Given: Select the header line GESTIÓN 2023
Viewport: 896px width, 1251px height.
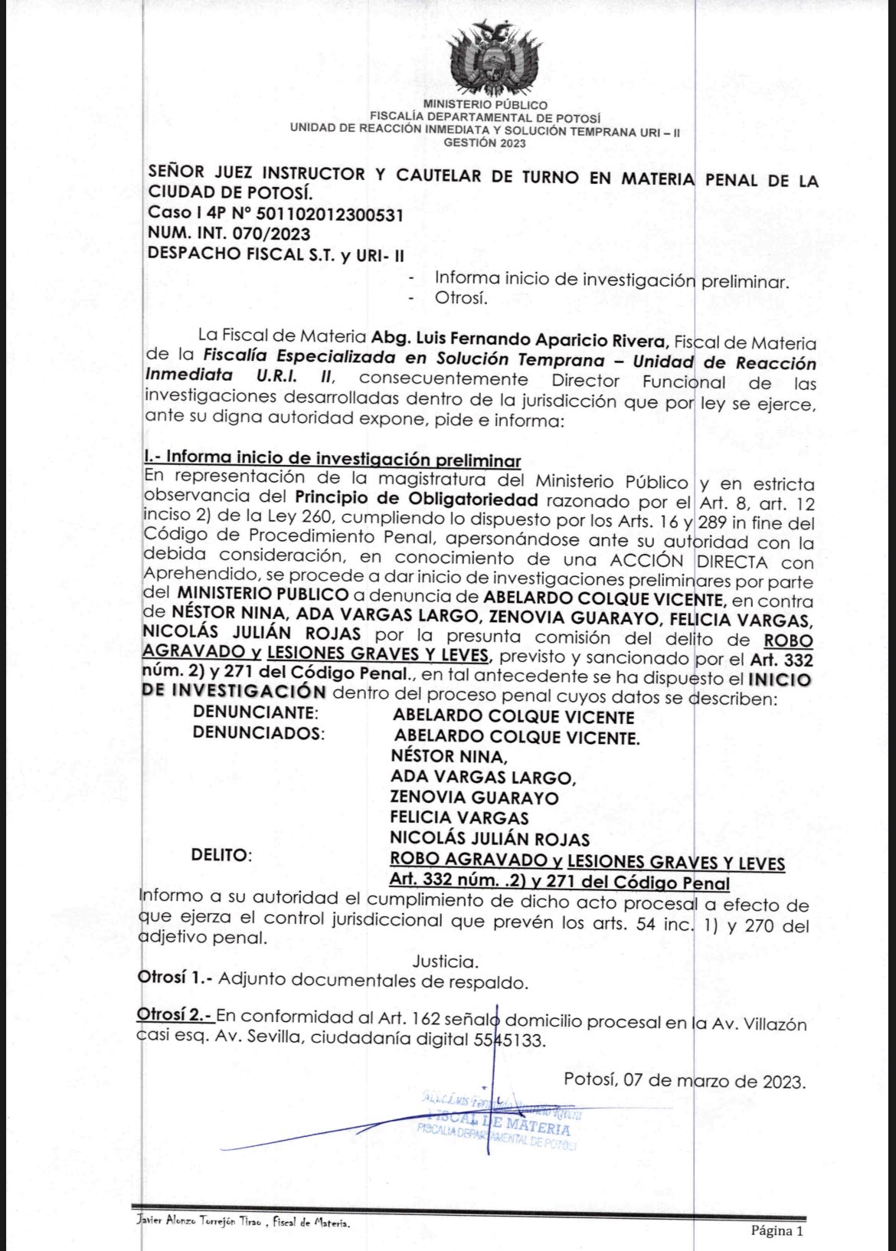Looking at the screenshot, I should [x=485, y=142].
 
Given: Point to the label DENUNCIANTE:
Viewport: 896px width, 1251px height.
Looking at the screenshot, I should [x=255, y=712].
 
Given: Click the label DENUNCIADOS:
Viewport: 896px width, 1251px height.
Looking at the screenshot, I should [x=258, y=733].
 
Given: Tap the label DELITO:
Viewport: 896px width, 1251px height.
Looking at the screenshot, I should [x=221, y=854].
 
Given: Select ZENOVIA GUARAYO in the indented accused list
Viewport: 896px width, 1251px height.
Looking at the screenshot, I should [x=474, y=797].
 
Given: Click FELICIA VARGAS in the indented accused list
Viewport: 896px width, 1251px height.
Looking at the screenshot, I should [x=459, y=818].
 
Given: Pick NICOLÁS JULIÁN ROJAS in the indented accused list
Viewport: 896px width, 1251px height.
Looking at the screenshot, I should [x=489, y=839].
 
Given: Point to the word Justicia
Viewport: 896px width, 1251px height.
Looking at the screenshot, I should [x=446, y=961].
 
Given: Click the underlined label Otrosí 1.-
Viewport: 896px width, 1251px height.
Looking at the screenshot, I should [x=175, y=979].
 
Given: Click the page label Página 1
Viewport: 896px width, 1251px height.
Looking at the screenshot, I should [x=777, y=1231].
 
